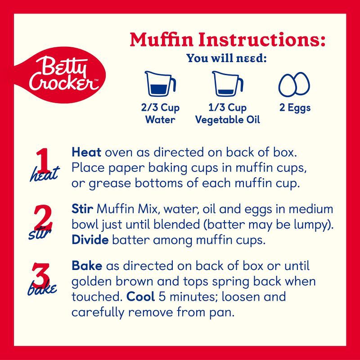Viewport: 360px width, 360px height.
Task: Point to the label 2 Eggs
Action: tap(294, 108)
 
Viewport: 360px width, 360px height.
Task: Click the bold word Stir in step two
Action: tap(82, 210)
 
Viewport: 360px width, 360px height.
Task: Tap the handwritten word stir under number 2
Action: tap(38, 234)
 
